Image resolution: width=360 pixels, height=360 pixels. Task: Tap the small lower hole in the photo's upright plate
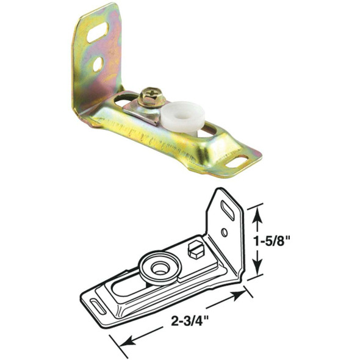click(97, 63)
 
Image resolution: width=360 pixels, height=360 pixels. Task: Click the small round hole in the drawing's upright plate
click(224, 232)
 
